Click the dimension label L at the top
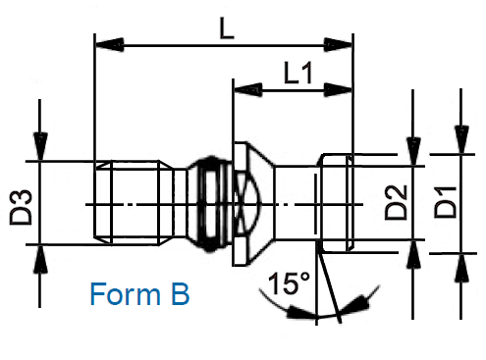tap(227, 28)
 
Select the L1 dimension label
tap(297, 73)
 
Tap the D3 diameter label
tap(22, 207)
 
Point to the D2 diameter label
tap(396, 202)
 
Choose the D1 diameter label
tap(445, 202)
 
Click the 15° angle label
tap(289, 283)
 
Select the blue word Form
tap(126, 294)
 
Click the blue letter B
tap(181, 294)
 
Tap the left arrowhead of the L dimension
tap(109, 45)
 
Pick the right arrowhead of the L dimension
tap(338, 45)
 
